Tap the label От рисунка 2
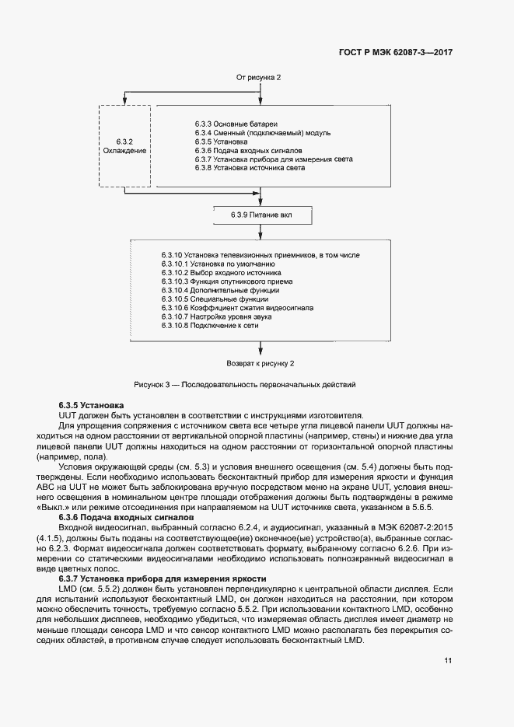tap(258, 78)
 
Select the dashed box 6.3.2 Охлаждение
tap(124, 145)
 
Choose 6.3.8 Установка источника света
tap(250, 167)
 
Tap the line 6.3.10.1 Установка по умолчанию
tap(203, 265)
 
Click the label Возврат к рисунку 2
tap(260, 363)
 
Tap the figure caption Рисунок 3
tap(244, 384)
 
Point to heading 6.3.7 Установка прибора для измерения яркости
tap(163, 578)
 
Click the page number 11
tap(448, 660)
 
